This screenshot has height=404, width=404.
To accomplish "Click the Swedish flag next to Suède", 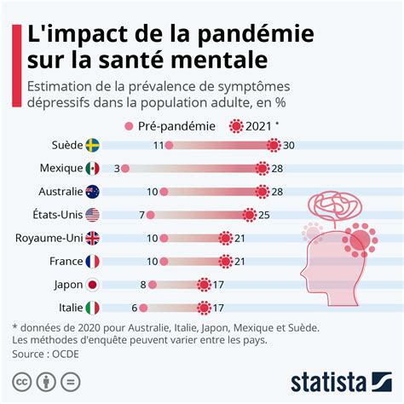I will (x=92, y=146).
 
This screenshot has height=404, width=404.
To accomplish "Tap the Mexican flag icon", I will (x=92, y=169).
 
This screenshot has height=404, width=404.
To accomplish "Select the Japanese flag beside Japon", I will (x=92, y=285).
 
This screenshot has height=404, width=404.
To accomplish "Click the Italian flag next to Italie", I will (x=92, y=308).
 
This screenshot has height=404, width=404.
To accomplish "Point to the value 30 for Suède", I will (x=289, y=146).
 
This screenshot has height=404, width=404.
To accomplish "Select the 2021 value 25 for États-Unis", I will (x=265, y=215).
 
